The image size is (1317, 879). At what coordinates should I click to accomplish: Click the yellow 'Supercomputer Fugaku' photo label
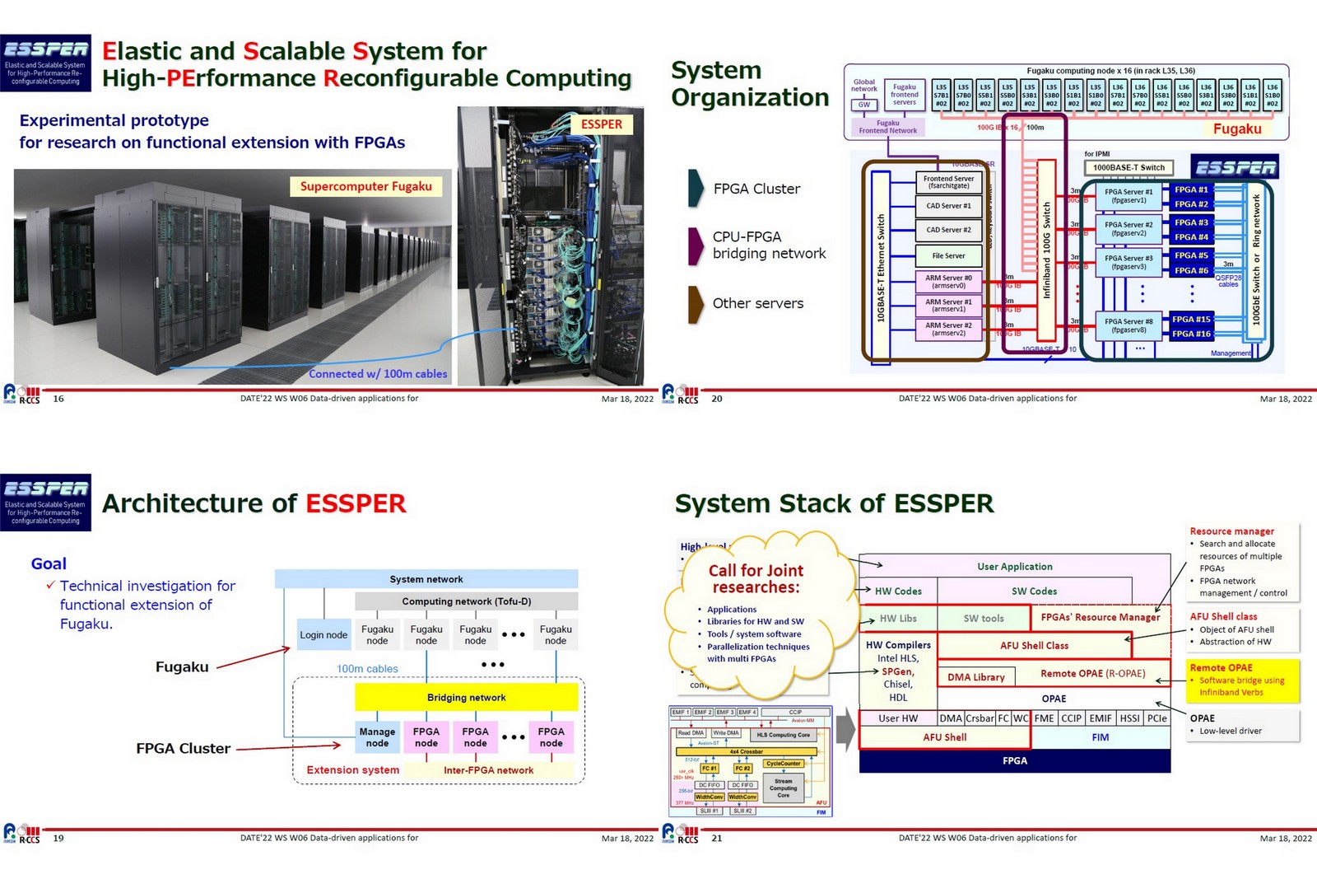click(x=365, y=186)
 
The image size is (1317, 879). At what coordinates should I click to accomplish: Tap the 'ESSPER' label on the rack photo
click(x=601, y=124)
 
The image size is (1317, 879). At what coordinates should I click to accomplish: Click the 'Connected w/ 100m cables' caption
click(x=378, y=374)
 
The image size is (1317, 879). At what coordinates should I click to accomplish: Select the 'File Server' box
click(x=948, y=256)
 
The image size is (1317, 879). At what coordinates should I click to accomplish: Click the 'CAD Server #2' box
click(x=948, y=230)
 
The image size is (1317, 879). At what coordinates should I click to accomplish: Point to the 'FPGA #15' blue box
click(x=1191, y=319)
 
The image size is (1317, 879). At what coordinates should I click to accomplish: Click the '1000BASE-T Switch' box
click(x=1129, y=167)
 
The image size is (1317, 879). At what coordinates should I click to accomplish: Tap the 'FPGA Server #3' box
click(x=1129, y=262)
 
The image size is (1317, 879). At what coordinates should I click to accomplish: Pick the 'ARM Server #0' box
click(x=948, y=282)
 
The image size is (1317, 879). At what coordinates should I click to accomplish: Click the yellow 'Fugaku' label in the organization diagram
click(x=1236, y=129)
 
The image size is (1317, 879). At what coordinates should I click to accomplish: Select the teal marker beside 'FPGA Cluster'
click(x=696, y=188)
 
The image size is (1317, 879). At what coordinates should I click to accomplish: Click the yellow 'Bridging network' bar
click(x=466, y=697)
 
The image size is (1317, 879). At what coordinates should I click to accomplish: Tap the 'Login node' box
click(x=323, y=634)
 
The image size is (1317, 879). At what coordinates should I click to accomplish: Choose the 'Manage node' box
click(x=377, y=736)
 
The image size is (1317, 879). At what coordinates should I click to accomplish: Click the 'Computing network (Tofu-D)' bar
click(x=466, y=601)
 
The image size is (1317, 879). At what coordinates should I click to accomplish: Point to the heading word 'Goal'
click(x=49, y=563)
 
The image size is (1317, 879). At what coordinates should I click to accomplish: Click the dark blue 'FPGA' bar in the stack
click(x=1014, y=760)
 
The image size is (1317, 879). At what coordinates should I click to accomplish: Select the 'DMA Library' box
click(x=975, y=677)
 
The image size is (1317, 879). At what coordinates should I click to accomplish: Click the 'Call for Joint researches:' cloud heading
click(x=756, y=578)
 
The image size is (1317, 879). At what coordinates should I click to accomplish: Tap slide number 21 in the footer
click(x=716, y=838)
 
